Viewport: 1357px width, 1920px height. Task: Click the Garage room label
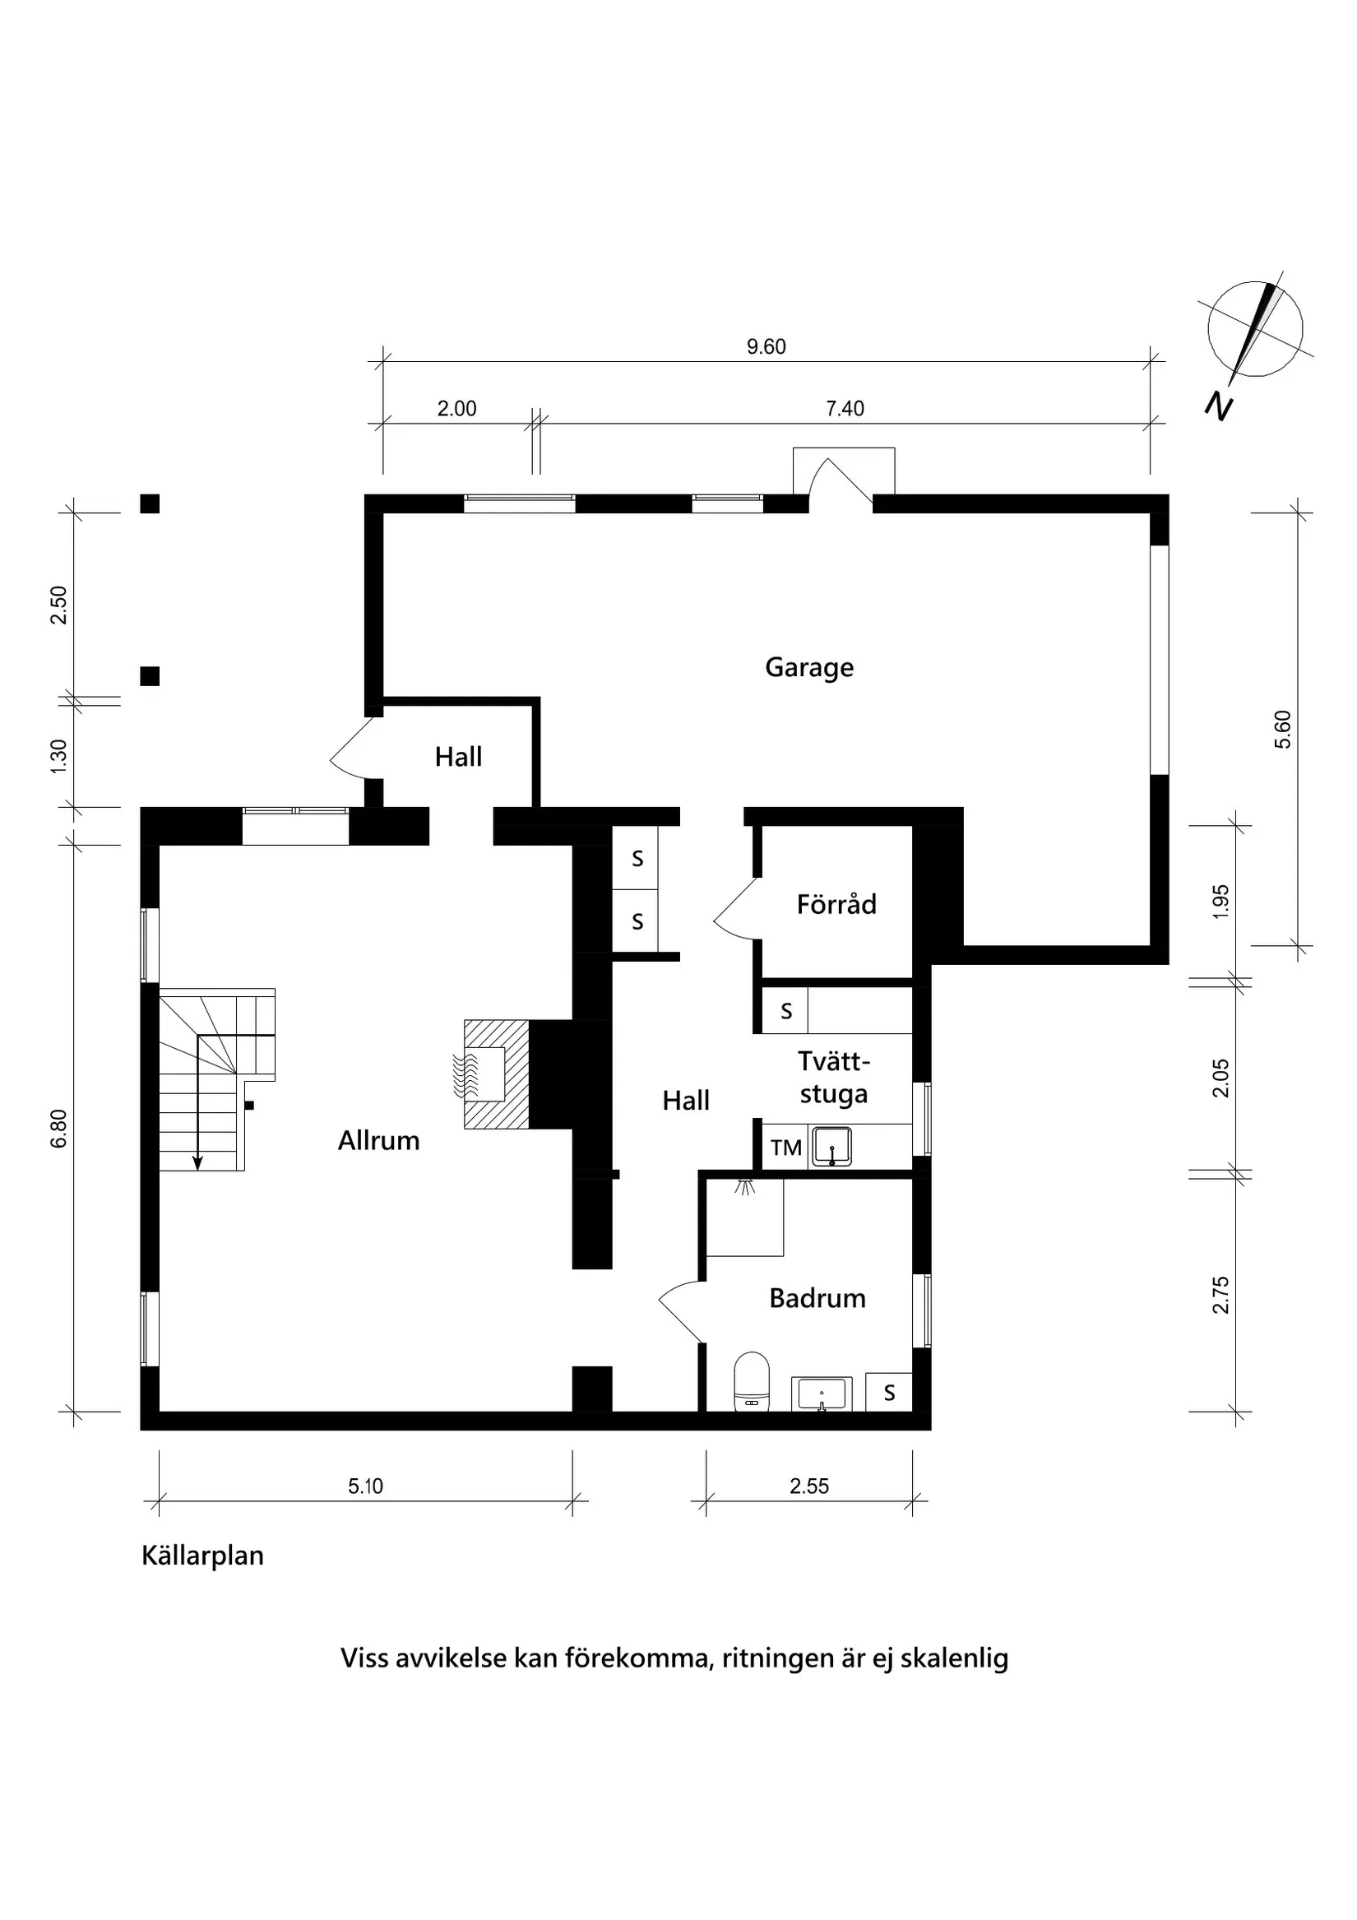coord(808,667)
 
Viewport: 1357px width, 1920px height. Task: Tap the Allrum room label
coord(378,1141)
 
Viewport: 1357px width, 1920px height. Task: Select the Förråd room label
coord(836,904)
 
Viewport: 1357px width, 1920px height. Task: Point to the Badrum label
coord(817,1298)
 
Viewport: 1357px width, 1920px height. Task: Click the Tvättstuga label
coord(834,1078)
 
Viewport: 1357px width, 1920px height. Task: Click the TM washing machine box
coord(785,1148)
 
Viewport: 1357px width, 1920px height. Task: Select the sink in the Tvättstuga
coord(832,1147)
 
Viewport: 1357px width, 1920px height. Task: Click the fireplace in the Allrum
coord(497,1074)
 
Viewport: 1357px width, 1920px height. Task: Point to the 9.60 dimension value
coord(766,346)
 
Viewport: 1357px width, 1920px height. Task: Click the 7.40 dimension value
coord(845,409)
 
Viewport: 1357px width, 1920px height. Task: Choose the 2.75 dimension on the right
coord(1221,1296)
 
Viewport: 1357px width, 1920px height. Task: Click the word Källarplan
coord(202,1556)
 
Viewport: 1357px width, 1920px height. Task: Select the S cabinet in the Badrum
coord(889,1393)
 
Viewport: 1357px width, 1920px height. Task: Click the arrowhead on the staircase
coord(197,1162)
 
